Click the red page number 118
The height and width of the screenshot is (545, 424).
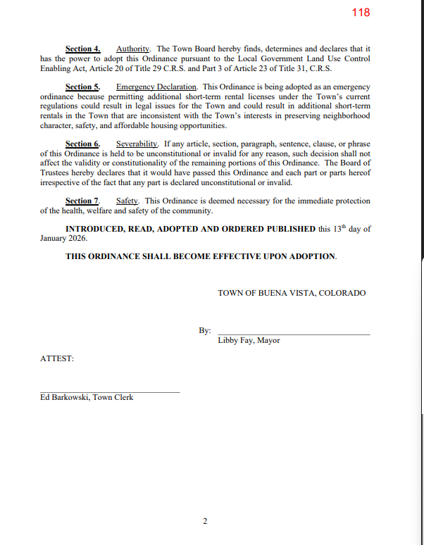point(360,13)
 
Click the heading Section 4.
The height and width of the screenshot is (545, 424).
point(83,49)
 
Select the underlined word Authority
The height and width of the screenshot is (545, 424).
point(133,49)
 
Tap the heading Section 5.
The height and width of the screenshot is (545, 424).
point(83,87)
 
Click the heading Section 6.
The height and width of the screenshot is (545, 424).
point(83,144)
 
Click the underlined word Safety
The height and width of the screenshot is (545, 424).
point(127,201)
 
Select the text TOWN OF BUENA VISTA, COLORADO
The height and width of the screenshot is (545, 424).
point(292,293)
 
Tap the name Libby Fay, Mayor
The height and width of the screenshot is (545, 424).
point(249,341)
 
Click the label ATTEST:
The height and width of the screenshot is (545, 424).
point(57,359)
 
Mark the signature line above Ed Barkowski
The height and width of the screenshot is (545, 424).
point(110,391)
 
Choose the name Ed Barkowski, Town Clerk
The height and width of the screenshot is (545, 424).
point(87,398)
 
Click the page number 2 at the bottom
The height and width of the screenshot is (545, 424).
point(205,522)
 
